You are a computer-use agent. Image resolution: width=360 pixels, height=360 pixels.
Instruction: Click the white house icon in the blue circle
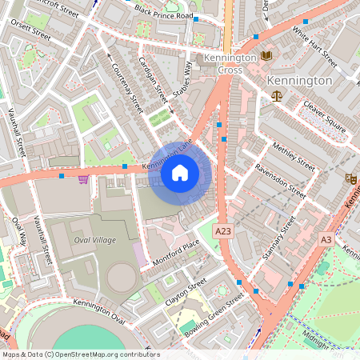pyautogui.click(x=180, y=173)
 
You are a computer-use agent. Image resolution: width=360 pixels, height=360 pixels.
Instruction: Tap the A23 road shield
pyautogui.click(x=226, y=230)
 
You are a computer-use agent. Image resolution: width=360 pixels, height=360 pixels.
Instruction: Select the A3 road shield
pyautogui.click(x=326, y=239)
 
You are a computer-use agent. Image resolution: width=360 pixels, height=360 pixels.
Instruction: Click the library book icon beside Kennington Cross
pyautogui.click(x=266, y=55)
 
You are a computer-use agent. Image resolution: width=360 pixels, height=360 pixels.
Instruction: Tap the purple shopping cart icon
pyautogui.click(x=83, y=178)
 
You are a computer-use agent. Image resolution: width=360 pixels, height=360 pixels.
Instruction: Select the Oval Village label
pyautogui.click(x=94, y=240)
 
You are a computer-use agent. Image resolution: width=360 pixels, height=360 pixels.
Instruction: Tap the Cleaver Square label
pyautogui.click(x=324, y=116)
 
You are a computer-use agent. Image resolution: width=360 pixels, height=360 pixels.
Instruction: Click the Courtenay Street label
pyautogui.click(x=126, y=88)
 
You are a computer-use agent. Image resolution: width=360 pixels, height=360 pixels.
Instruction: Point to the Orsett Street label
pyautogui.click(x=31, y=31)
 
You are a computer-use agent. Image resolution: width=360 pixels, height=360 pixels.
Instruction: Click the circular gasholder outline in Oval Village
pyautogui.click(x=121, y=277)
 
